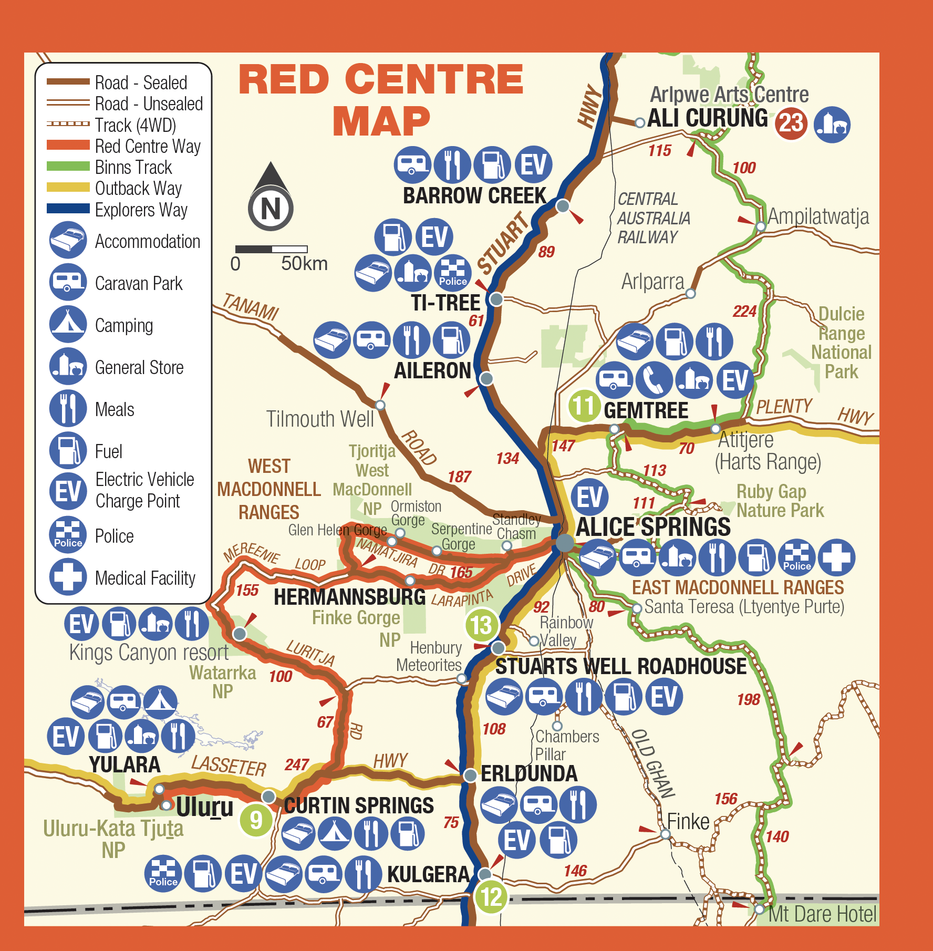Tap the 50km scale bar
tap(271, 249)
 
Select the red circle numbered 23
tap(791, 123)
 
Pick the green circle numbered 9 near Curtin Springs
tap(256, 820)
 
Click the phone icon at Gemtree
tap(654, 380)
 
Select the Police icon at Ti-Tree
tap(452, 273)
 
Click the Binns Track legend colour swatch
tap(68, 167)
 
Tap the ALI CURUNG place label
tap(707, 118)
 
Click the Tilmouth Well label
tap(320, 419)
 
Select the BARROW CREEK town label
tap(474, 196)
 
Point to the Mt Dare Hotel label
tap(822, 915)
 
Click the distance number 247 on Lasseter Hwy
tap(297, 764)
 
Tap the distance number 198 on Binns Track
tap(748, 699)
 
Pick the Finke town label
tap(688, 821)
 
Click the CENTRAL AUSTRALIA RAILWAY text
tap(653, 218)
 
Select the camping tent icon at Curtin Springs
tap(334, 833)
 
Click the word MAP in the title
tap(381, 121)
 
